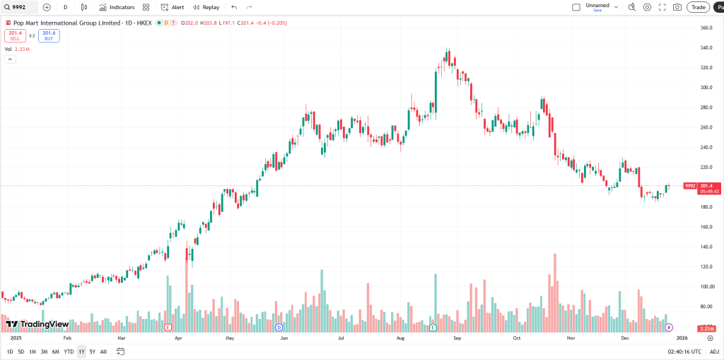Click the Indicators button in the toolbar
[117, 7]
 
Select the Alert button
[173, 7]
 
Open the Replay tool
[206, 7]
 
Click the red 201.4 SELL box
[15, 35]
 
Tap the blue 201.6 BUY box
[49, 35]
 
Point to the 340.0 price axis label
[705, 48]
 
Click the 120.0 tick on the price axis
[705, 267]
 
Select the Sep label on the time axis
[457, 338]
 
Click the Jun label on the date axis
[284, 338]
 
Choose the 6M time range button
[55, 352]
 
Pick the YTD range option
[69, 352]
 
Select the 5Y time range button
[92, 352]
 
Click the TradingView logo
[37, 325]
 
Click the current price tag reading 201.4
[705, 185]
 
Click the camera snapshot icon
[677, 7]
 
